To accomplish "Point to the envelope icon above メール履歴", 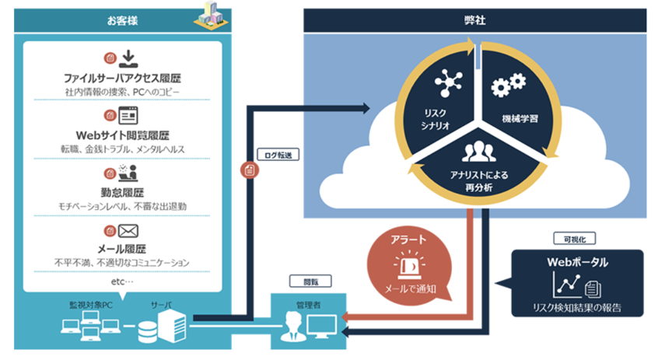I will [x=128, y=230].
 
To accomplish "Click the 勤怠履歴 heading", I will [x=122, y=191].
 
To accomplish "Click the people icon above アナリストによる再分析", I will [x=478, y=151].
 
